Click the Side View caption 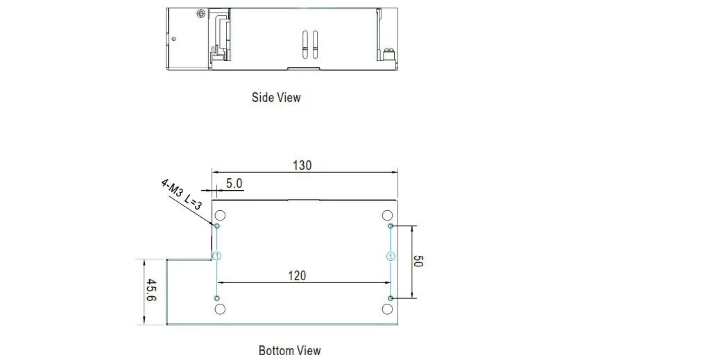point(276,98)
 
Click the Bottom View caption point(289,350)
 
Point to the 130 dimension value point(302,166)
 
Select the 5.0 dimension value point(234,184)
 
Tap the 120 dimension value point(296,275)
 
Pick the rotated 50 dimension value point(418,261)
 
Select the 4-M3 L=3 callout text point(181,194)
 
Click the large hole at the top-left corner point(220,215)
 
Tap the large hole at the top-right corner point(388,215)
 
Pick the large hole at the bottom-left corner point(220,309)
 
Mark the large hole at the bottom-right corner point(388,309)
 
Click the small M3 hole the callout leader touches point(217,226)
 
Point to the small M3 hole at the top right point(391,226)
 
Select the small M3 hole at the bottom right point(391,298)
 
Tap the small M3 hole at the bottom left point(217,298)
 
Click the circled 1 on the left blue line point(217,256)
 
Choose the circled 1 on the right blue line point(391,256)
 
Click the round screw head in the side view point(201,14)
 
